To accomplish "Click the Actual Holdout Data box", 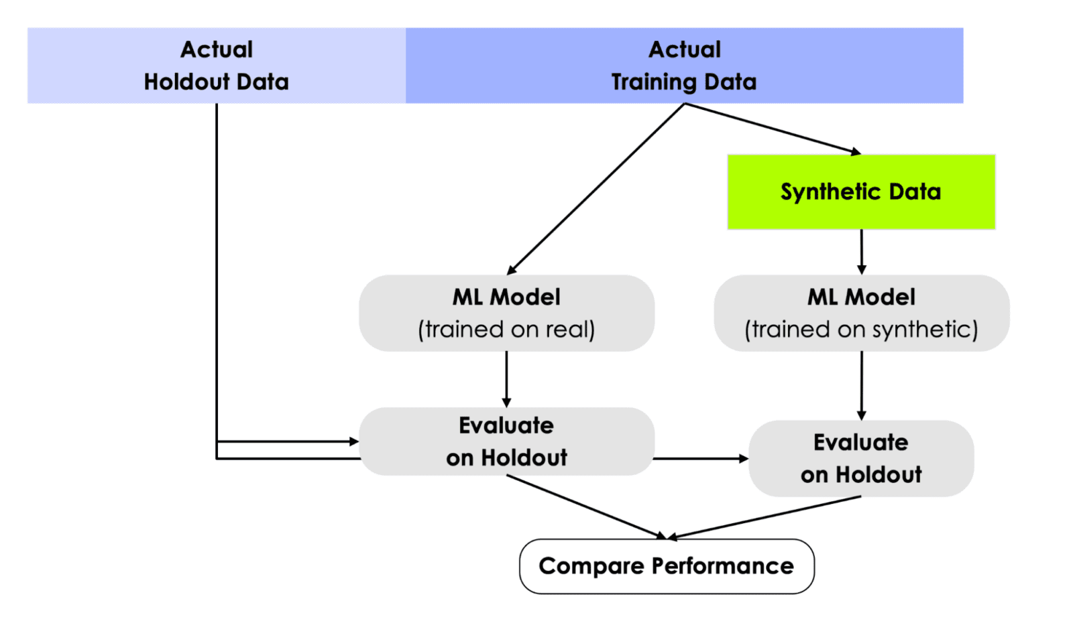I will point(216,66).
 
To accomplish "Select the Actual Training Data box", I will point(684,66).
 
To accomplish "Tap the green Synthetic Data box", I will point(861,192).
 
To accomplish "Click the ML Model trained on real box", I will point(506,313).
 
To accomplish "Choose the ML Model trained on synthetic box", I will point(861,313).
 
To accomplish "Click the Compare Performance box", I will point(667,566).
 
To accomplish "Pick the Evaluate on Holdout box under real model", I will point(506,441).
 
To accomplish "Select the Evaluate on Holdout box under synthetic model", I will point(861,458).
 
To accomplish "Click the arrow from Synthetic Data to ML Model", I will point(862,252).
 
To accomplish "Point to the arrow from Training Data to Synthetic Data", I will point(771,128).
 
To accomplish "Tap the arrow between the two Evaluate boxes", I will point(701,459).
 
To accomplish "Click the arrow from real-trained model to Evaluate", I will point(506,379).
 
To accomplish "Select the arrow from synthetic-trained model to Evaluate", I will point(862,385).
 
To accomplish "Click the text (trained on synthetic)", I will point(861,330).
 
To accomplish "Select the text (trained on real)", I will point(506,330).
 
